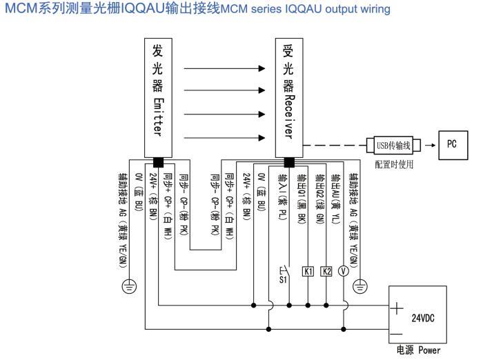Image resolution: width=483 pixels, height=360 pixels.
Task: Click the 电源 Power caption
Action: point(418,350)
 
